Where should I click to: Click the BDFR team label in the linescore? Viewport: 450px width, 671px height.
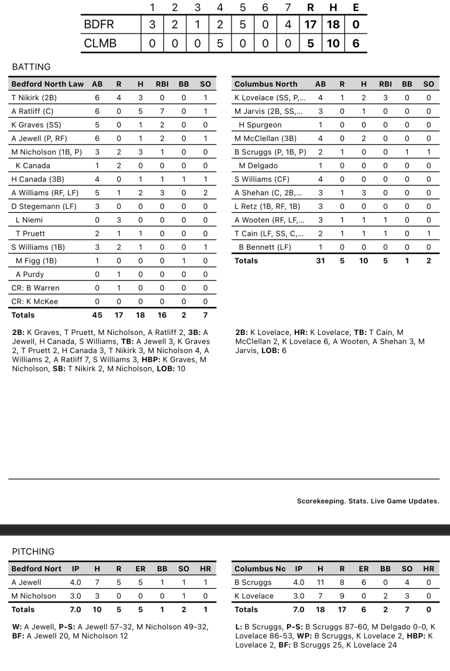click(98, 25)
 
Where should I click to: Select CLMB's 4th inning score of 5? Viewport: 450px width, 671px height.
click(220, 43)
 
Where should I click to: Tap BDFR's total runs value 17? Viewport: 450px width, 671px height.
click(310, 25)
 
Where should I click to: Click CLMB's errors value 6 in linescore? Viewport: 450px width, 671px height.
click(356, 43)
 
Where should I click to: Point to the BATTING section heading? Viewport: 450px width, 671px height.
click(31, 67)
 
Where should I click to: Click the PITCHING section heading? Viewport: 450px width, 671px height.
click(33, 551)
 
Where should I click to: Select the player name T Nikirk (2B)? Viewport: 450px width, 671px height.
click(33, 98)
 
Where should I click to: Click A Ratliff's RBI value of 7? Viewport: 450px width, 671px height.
click(162, 111)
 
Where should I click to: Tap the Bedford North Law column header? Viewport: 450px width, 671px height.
click(47, 84)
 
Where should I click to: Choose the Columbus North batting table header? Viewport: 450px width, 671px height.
click(266, 84)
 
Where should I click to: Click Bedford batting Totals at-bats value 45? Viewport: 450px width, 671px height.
click(97, 315)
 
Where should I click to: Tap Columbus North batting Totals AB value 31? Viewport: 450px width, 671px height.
click(321, 260)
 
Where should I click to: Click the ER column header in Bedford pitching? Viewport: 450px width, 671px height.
click(141, 568)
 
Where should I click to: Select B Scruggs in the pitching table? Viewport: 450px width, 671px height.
click(253, 582)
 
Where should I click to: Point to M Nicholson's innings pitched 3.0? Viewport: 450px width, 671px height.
click(76, 596)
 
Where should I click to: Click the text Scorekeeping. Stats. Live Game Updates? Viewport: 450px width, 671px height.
click(368, 501)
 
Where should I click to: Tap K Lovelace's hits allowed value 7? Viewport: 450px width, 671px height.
click(321, 596)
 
